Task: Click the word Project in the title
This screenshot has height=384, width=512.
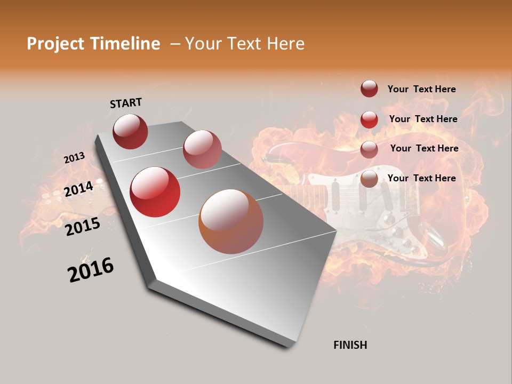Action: coord(55,44)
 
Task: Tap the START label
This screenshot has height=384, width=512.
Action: coord(126,103)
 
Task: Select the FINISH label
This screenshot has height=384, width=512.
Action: coord(350,345)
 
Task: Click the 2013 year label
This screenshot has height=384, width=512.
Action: coord(74,158)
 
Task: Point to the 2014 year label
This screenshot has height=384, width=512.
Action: coord(79,189)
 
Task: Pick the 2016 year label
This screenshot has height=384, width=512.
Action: coord(91,270)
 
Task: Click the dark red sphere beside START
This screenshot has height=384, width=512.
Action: coord(130,131)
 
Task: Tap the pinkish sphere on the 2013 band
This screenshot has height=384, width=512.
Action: coord(202,149)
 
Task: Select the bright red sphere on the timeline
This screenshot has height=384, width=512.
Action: coord(155,192)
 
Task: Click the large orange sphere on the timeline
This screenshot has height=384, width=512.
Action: coord(231,221)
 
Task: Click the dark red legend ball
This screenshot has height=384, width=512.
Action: coord(369,89)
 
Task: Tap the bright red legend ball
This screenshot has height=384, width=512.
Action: coord(369,119)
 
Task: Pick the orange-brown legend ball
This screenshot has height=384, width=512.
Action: coord(369,179)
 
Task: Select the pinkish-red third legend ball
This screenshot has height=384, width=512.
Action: coord(369,150)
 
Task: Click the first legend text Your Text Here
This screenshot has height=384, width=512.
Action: coord(421,89)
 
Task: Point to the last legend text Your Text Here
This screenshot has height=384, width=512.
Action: coord(421,178)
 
